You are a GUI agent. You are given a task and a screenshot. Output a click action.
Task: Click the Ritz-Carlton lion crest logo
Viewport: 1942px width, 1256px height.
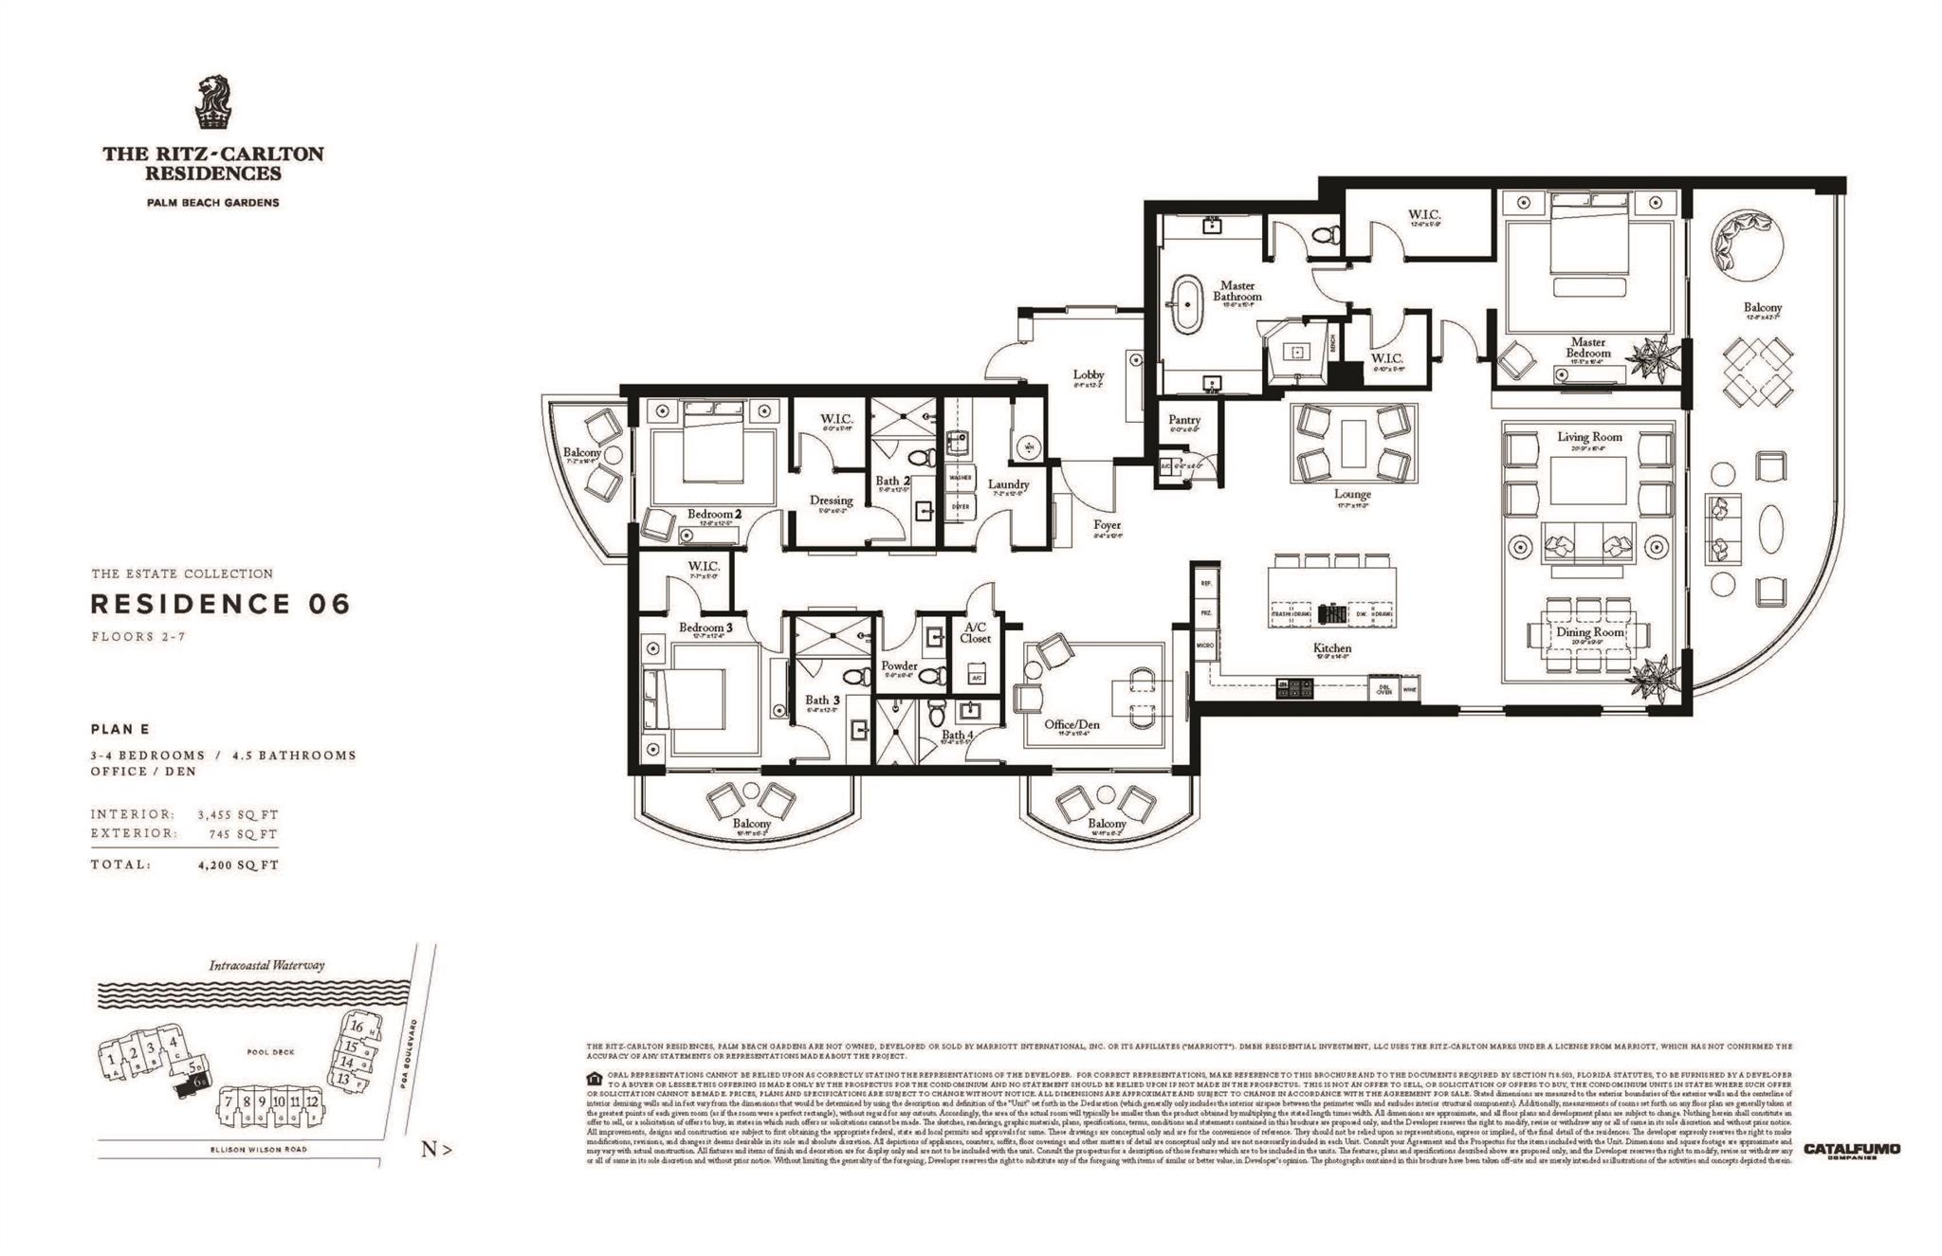[212, 102]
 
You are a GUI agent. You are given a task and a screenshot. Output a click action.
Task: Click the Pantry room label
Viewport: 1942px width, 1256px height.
[1184, 419]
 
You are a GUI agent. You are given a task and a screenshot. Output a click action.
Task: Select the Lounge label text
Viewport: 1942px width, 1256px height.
[1352, 494]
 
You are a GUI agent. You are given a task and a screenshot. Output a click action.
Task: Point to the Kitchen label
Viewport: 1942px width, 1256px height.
[1331, 648]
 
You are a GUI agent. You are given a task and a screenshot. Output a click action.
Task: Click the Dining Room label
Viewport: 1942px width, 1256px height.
[1589, 631]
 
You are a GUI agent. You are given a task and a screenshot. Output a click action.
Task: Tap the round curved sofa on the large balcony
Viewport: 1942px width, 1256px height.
[1743, 241]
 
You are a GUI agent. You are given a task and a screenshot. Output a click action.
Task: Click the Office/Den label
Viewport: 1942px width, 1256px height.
[1072, 724]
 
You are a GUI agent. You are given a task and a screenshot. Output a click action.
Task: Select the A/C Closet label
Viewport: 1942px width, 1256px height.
[975, 632]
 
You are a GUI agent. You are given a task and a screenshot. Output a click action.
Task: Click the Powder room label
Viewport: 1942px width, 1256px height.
[899, 665]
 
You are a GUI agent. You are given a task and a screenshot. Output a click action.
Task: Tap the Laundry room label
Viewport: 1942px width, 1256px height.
[1008, 484]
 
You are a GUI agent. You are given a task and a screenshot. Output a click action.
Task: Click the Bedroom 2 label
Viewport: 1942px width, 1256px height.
[714, 514]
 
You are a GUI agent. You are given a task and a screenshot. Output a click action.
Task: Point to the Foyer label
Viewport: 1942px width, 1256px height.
[1107, 524]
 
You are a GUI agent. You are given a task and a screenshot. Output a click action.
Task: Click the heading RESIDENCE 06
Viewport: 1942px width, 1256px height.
[220, 604]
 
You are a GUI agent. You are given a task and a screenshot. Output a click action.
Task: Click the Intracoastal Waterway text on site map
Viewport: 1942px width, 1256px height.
[266, 965]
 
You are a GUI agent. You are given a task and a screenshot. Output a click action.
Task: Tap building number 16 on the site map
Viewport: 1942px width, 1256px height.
[357, 1026]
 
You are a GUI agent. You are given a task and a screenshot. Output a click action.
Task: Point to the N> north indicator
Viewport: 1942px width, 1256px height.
[436, 1150]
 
